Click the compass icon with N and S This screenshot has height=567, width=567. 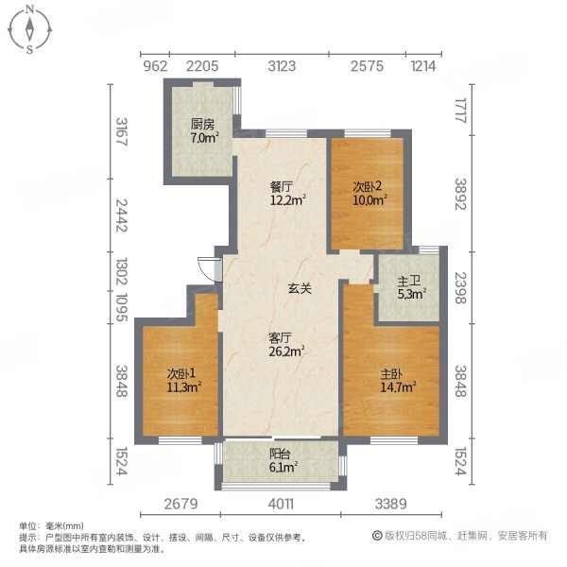pyautogui.click(x=30, y=28)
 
